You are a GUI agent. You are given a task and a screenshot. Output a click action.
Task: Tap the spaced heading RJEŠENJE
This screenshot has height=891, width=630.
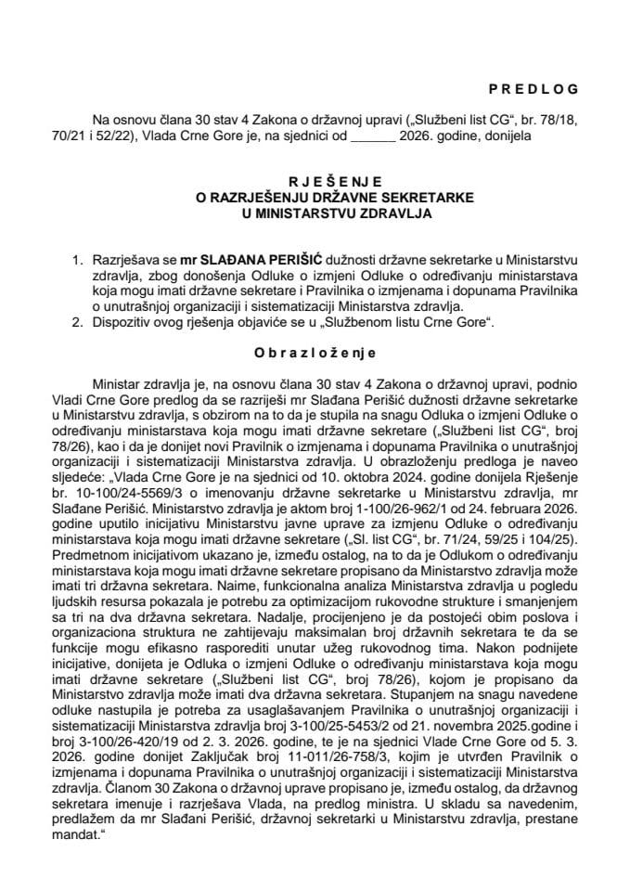315,183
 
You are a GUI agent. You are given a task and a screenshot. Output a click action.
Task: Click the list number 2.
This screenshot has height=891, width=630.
79,320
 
